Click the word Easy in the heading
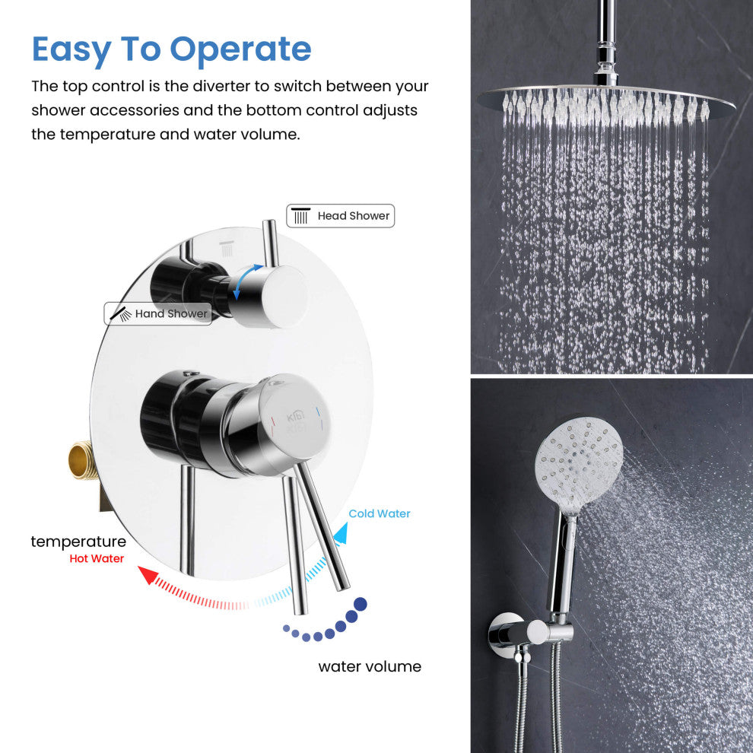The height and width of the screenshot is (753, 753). click(71, 50)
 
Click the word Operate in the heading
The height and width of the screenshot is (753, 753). click(240, 50)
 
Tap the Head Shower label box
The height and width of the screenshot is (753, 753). click(341, 215)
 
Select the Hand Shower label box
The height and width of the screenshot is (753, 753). click(158, 313)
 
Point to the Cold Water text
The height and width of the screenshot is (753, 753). click(380, 513)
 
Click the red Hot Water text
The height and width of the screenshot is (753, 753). click(97, 558)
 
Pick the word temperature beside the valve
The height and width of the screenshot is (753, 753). click(78, 542)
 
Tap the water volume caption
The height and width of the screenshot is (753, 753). click(370, 666)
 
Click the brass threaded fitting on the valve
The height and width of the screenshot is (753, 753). click(84, 461)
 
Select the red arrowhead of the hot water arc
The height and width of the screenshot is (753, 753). click(148, 574)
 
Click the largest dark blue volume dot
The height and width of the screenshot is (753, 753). click(361, 604)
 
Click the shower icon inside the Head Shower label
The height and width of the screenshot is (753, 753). click(300, 215)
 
